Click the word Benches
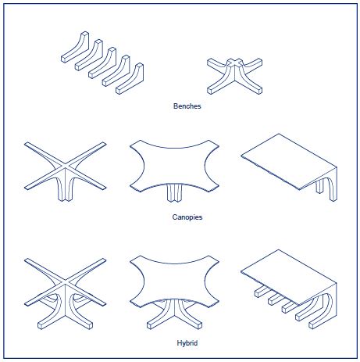pos(187,106)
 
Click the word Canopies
pos(187,217)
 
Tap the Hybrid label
pos(187,343)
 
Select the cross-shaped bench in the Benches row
pos(234,76)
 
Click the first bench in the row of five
pos(76,48)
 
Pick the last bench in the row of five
pos(130,79)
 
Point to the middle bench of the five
pos(103,63)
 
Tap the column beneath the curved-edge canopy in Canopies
pos(175,193)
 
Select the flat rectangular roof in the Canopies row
pos(289,162)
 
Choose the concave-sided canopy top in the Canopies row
pos(174,166)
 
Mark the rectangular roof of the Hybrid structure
pos(289,278)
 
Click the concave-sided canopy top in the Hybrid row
pos(174,281)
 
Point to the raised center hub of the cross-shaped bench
pos(235,63)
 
